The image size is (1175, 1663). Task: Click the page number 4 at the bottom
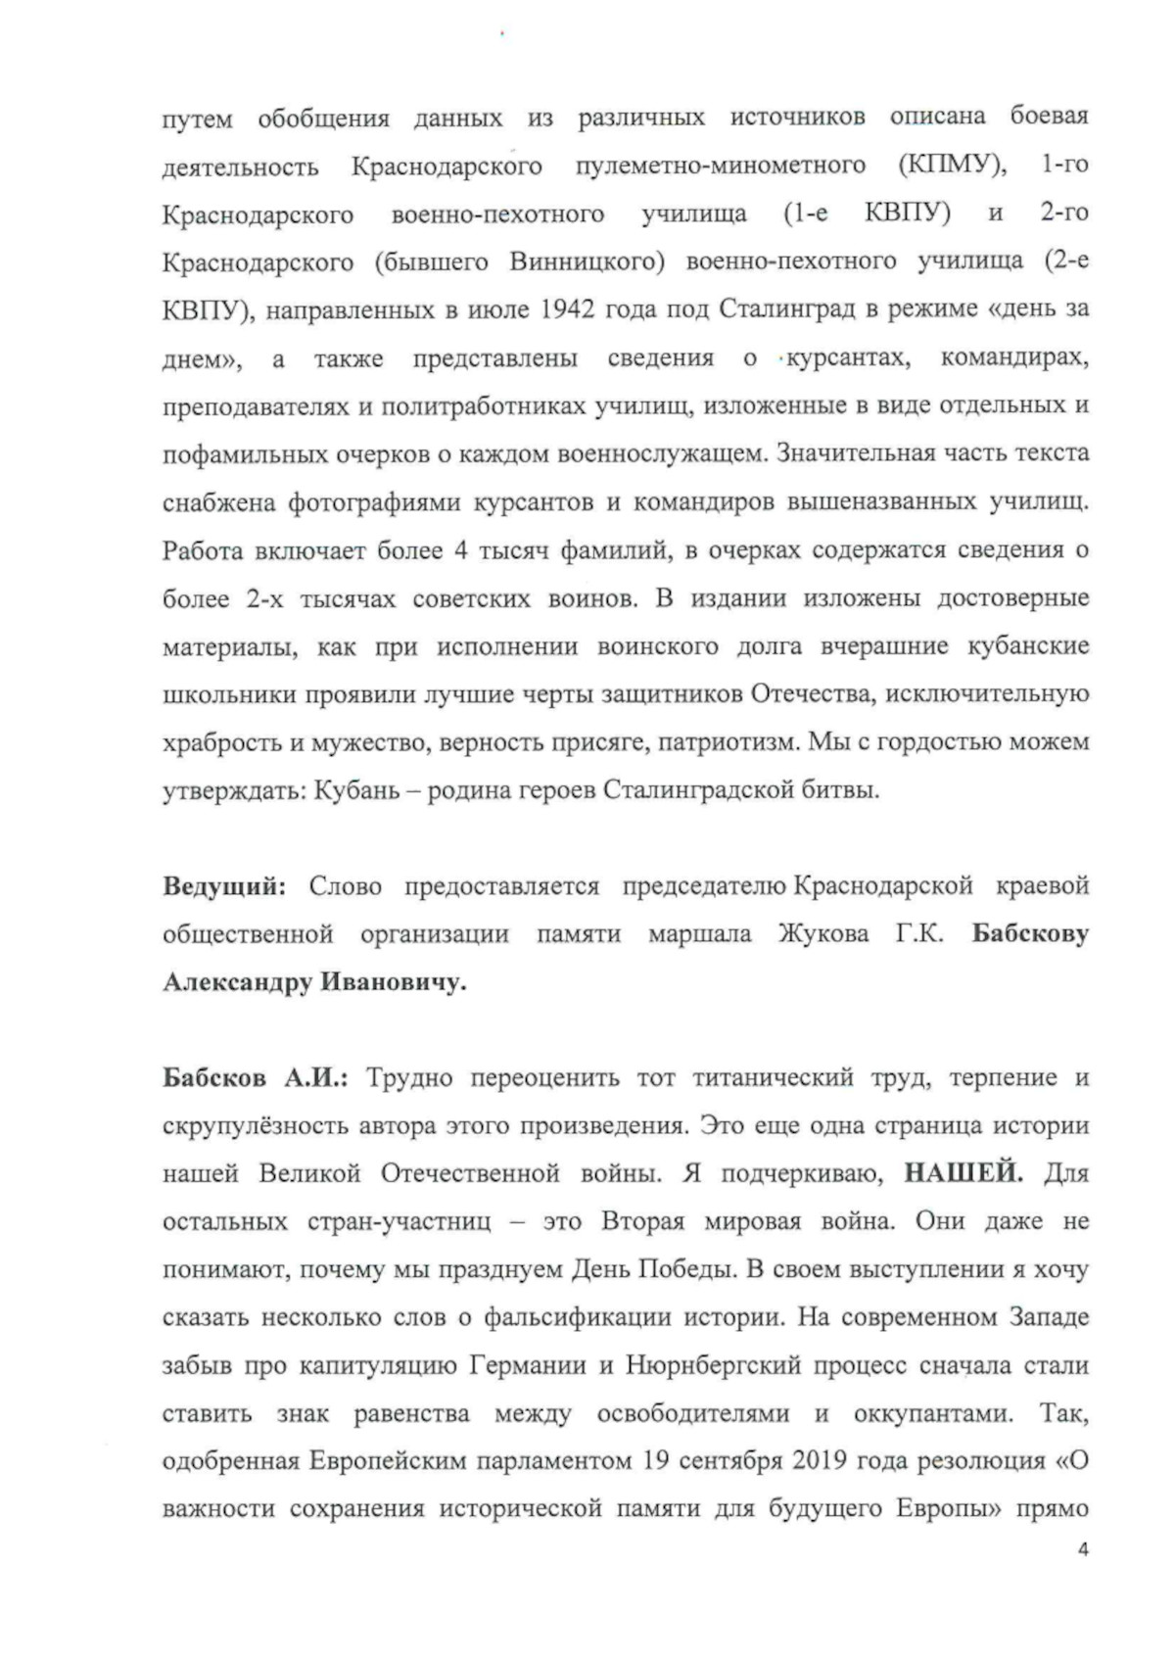[x=1082, y=1548]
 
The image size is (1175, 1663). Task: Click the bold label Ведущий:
[x=224, y=886]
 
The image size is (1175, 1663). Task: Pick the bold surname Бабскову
[x=1030, y=934]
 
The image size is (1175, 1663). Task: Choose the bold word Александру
[x=237, y=982]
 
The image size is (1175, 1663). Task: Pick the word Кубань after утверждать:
[x=352, y=790]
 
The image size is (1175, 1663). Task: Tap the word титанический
[x=774, y=1077]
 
